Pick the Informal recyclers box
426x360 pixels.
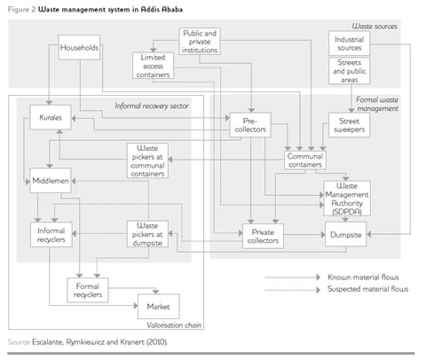pyautogui.click(x=49, y=235)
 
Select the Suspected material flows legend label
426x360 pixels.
pyautogui.click(x=367, y=290)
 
